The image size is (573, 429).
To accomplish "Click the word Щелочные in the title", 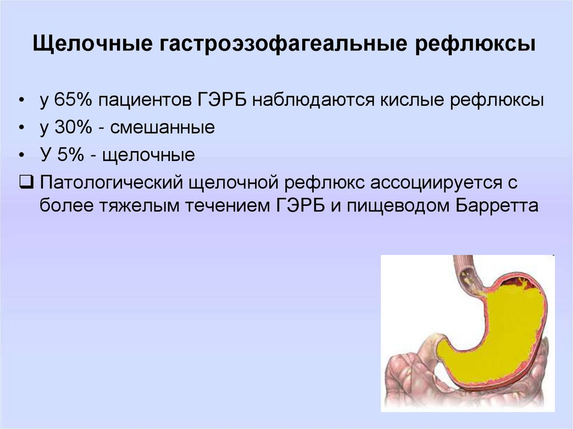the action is [93, 44].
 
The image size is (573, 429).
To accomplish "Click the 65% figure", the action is [73, 100].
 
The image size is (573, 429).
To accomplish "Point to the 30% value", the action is [73, 127].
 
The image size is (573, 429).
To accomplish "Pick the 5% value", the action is [71, 154].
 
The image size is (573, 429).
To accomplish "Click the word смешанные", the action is [162, 128].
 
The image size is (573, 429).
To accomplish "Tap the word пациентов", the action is [145, 100].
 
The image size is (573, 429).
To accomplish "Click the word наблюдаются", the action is [313, 100].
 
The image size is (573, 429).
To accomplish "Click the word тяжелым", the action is [139, 206].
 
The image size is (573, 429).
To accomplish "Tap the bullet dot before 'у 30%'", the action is [22, 128].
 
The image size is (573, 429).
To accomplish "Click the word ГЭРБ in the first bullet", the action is [222, 100].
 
